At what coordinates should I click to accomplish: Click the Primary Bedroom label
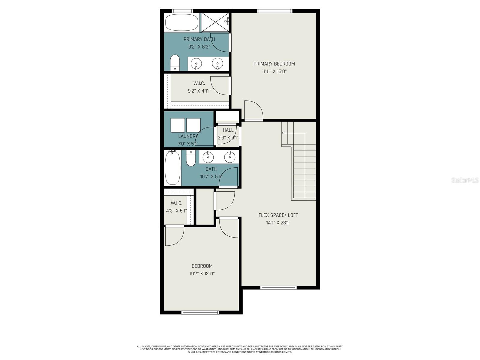coord(274,64)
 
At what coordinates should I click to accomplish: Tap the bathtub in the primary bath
coord(181,22)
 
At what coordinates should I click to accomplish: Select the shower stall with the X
coord(215,22)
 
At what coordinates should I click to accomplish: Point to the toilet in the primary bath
coord(175,62)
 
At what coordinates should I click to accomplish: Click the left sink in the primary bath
coord(196,64)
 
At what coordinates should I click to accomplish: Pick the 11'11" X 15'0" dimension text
coord(274,71)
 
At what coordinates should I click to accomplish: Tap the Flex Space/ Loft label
coord(278,215)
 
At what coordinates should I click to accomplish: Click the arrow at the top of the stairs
coord(283,133)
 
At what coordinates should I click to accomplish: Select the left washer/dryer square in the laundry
coord(178,125)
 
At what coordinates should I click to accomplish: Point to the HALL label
coord(228,130)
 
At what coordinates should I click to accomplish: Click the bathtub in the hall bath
coord(172,168)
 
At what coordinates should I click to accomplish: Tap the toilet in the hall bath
coord(190,158)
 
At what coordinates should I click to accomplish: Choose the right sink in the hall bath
coord(230,157)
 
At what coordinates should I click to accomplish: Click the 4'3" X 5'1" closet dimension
coord(176,211)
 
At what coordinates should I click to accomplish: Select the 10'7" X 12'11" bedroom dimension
coord(202,274)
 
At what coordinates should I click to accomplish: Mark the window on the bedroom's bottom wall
coord(200,312)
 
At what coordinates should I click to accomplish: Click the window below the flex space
coord(278,287)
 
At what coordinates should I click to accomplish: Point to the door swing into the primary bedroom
coord(253,110)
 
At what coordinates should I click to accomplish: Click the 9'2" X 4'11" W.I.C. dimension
coord(199,91)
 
